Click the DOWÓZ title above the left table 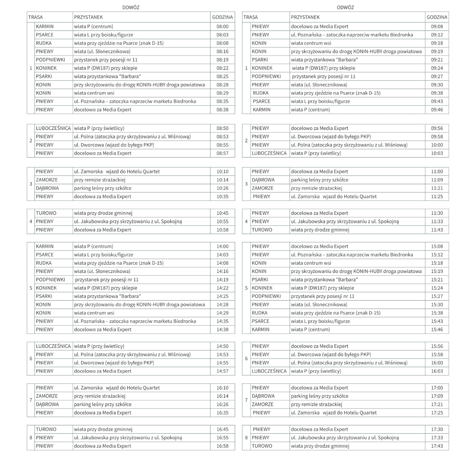pos(130,8)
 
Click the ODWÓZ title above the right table pos(345,8)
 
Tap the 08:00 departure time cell pos(222,26)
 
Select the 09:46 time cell pos(437,109)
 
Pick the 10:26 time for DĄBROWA pos(222,188)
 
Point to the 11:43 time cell pos(437,230)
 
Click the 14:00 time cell pos(222,246)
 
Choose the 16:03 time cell pos(437,371)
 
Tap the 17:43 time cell pos(437,446)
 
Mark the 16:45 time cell pos(222,429)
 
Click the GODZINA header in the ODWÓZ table pos(437,17)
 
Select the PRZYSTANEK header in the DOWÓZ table pos(89,17)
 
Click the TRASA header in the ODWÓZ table pos(251,17)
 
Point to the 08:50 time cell pos(222,128)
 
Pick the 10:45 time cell pos(222,213)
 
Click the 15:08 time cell pos(437,246)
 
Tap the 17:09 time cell pos(437,396)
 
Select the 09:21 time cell pos(437,60)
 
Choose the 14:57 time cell pos(222,371)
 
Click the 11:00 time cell pos(437,171)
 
